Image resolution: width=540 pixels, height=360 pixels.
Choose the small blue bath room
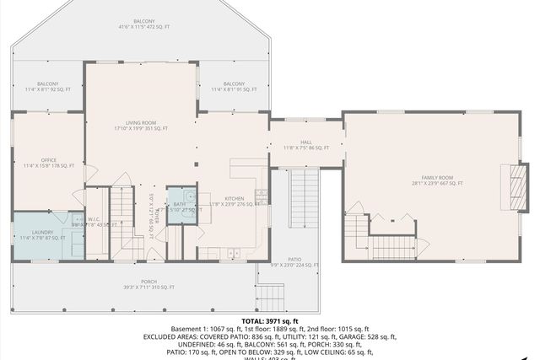pyautogui.click(x=180, y=206)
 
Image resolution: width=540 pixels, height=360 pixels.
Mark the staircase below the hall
pyautogui.click(x=306, y=194)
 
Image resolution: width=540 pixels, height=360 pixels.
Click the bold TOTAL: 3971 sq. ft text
pyautogui.click(x=270, y=322)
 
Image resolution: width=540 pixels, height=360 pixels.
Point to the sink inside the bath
pyautogui.click(x=192, y=199)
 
